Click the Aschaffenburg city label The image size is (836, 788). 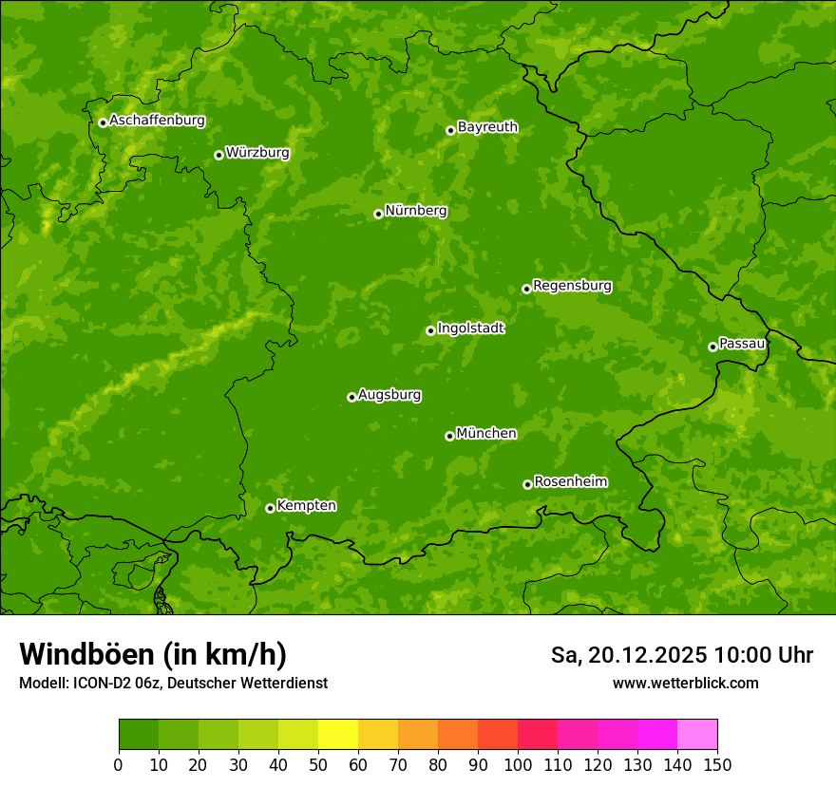click(x=157, y=121)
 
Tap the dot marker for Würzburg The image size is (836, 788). click(x=218, y=155)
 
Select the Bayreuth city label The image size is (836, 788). click(x=487, y=127)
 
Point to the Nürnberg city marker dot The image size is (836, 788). click(x=378, y=214)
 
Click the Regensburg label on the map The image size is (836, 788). click(x=572, y=286)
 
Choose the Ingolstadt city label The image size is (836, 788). click(x=470, y=328)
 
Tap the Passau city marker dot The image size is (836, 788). click(x=712, y=347)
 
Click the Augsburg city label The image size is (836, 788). click(x=389, y=395)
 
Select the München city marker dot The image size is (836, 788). click(x=449, y=436)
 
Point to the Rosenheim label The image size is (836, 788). click(x=570, y=482)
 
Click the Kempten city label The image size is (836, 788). click(x=306, y=506)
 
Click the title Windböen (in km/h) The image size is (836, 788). click(x=153, y=654)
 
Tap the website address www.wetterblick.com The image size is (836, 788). click(x=685, y=683)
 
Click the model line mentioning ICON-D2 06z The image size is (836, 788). click(x=173, y=683)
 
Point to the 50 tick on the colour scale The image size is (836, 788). click(x=318, y=764)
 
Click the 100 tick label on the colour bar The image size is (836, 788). click(x=518, y=764)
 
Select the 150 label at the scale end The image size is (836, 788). click(x=717, y=764)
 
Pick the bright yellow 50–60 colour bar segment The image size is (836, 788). click(x=338, y=735)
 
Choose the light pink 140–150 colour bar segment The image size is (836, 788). click(x=697, y=735)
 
